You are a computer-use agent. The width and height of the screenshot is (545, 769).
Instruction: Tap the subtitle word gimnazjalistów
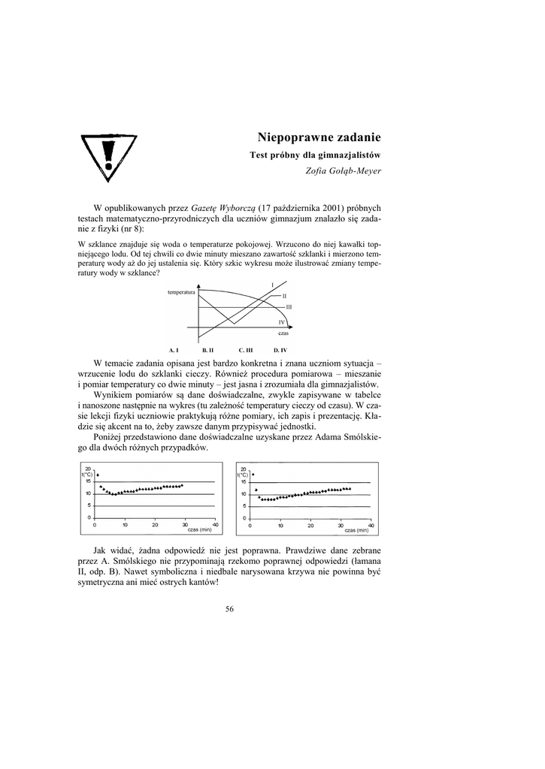point(353,155)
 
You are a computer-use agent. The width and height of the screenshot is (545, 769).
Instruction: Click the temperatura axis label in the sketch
point(181,291)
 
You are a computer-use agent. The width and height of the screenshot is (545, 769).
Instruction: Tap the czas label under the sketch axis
point(283,333)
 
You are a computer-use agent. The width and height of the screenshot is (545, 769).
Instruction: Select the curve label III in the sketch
point(289,307)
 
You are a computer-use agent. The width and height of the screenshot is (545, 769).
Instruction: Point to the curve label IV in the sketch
point(281,321)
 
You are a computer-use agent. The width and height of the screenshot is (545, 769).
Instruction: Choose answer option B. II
point(208,350)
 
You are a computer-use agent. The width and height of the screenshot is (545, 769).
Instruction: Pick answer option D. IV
point(280,350)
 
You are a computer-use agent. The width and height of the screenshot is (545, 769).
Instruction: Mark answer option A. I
point(173,350)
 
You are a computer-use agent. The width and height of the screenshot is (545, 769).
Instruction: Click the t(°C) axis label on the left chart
point(88,475)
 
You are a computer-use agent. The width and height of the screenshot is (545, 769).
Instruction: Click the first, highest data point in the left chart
point(98,475)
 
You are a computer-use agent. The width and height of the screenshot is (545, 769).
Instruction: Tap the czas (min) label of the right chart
point(357,530)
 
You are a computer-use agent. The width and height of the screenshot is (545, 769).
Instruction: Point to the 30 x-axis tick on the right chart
point(341,524)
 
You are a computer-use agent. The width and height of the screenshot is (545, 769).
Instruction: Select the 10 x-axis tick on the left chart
point(125,524)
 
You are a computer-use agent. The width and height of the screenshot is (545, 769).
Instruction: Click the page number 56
point(230,609)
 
